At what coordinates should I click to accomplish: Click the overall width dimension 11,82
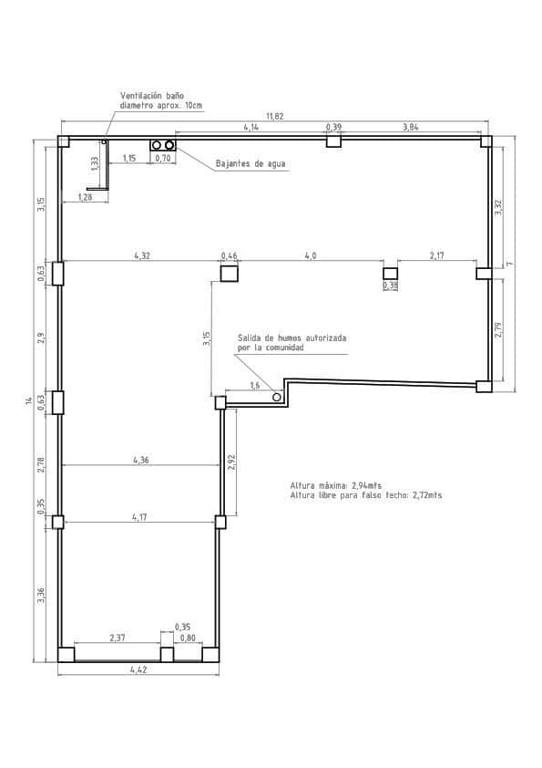[274, 117]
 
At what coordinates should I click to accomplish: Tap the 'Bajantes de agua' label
[251, 165]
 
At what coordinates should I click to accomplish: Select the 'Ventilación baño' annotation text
[154, 95]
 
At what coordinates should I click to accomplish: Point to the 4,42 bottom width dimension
[138, 670]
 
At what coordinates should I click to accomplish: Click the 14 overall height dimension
[28, 400]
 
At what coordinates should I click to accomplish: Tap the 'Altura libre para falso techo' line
[365, 495]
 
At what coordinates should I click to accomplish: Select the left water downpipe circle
[157, 145]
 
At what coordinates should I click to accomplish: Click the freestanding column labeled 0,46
[230, 272]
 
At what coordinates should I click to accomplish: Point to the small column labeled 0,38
[390, 273]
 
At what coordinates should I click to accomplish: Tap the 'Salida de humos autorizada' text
[291, 337]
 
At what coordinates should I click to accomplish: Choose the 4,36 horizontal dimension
[141, 461]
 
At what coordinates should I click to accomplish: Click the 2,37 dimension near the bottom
[118, 638]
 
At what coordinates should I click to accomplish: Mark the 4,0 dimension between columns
[310, 256]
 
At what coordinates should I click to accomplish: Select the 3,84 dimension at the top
[411, 126]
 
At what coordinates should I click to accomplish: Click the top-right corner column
[486, 141]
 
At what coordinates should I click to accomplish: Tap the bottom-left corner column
[66, 654]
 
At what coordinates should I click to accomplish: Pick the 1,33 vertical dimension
[95, 162]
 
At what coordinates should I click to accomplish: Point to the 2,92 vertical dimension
[232, 462]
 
